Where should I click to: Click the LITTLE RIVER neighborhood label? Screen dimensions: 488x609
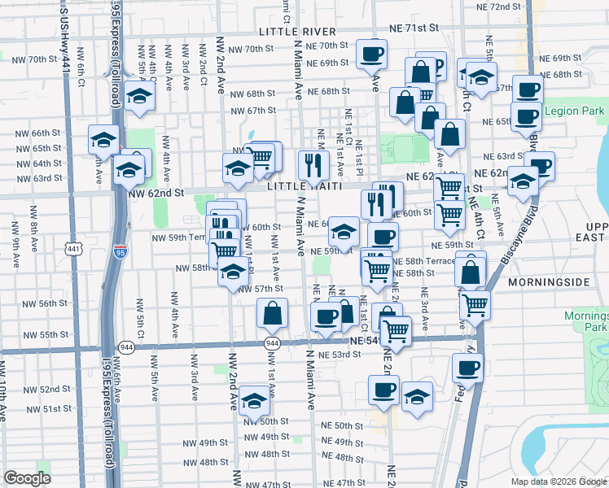click(x=297, y=31)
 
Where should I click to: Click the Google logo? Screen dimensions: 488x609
click(x=27, y=477)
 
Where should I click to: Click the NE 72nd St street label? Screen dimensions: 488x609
click(x=499, y=7)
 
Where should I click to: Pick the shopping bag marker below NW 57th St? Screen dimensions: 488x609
click(x=272, y=312)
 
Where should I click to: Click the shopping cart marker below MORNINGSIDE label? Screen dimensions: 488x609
click(x=475, y=305)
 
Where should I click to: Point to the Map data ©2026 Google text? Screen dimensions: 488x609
click(x=558, y=481)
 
